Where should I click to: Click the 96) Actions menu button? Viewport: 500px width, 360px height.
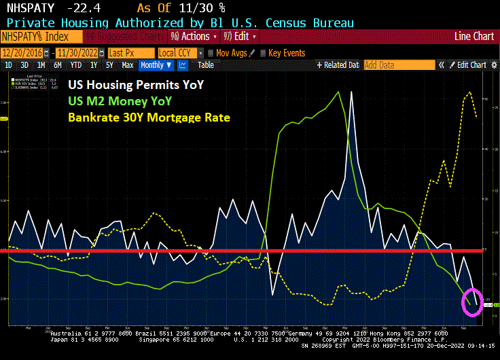pyautogui.click(x=190, y=36)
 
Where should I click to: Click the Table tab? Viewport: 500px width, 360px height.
pyautogui.click(x=206, y=65)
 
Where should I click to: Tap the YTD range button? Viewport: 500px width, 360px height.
pyautogui.click(x=75, y=65)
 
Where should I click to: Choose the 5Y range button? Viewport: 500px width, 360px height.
pyautogui.click(x=110, y=65)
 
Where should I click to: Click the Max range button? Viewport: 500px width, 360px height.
pyautogui.click(x=127, y=65)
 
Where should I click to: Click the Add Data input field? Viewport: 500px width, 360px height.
pyautogui.click(x=399, y=65)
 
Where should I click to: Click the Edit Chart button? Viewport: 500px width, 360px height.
pyautogui.click(x=467, y=65)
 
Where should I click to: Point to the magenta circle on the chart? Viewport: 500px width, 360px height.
pyautogui.click(x=471, y=302)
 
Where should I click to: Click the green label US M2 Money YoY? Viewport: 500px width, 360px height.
pyautogui.click(x=120, y=101)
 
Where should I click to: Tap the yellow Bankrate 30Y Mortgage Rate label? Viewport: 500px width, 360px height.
pyautogui.click(x=149, y=118)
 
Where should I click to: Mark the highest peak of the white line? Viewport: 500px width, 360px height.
pyautogui.click(x=351, y=92)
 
